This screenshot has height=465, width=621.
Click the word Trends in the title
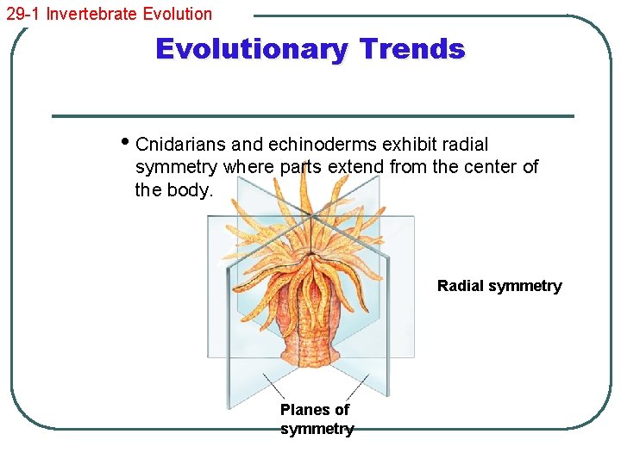(412, 49)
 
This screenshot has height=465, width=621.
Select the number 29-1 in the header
(23, 14)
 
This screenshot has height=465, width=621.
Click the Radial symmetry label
(499, 286)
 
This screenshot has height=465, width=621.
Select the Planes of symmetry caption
(316, 419)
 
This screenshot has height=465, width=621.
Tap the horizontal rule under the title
(312, 116)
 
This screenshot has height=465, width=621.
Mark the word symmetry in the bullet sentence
(176, 166)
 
